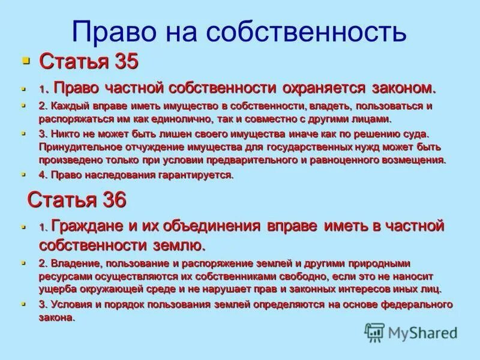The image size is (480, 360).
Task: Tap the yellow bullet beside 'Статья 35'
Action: point(25,61)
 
